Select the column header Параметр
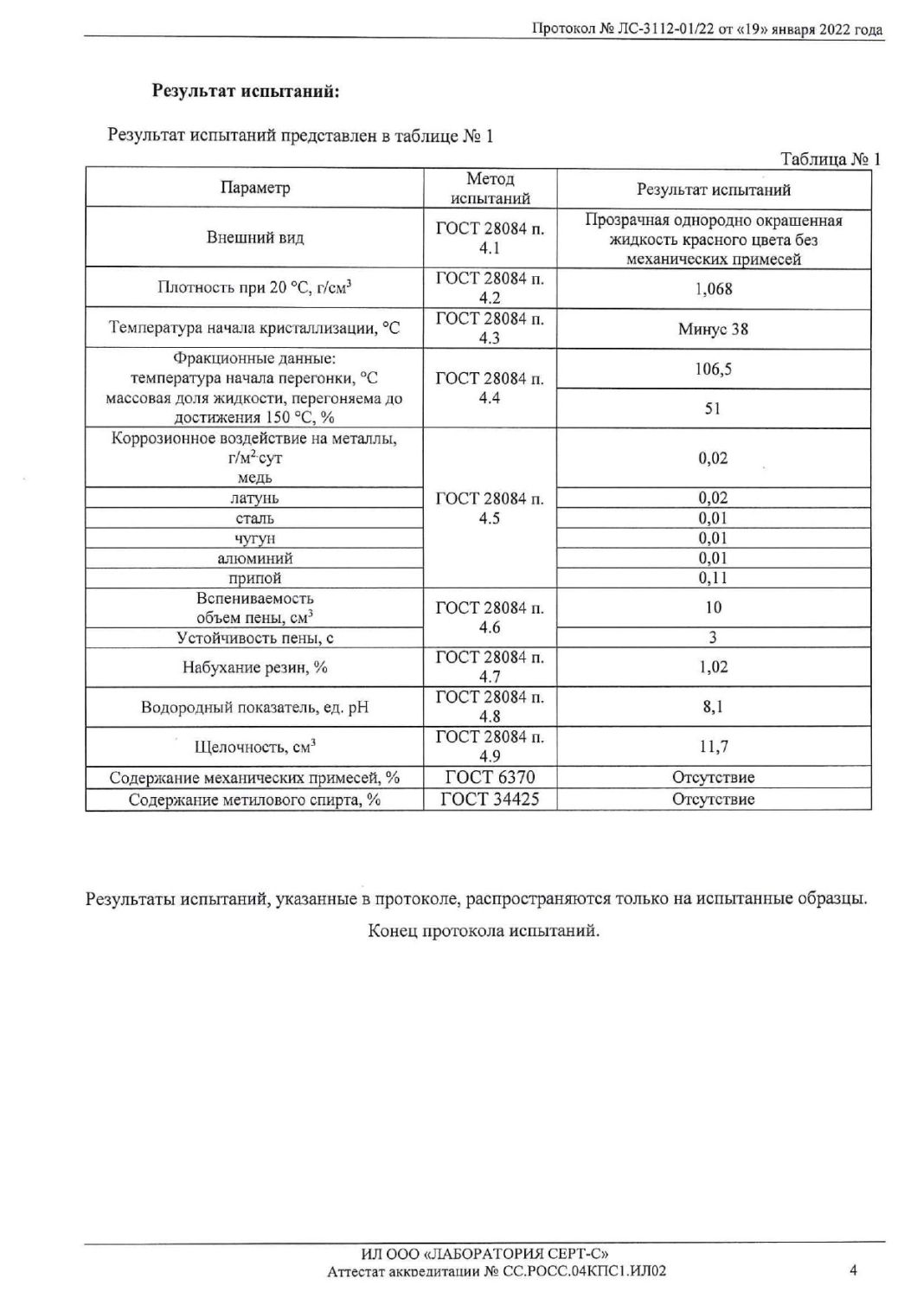click(x=255, y=189)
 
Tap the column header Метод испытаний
click(x=490, y=189)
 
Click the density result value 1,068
click(x=713, y=289)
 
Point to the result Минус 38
click(x=713, y=329)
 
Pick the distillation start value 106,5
click(x=713, y=369)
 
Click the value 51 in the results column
click(x=713, y=408)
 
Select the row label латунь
click(x=255, y=498)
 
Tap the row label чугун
click(x=255, y=538)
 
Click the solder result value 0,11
click(x=713, y=578)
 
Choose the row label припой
click(x=255, y=578)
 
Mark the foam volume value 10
click(x=713, y=607)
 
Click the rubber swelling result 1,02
click(x=713, y=667)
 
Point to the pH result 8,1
click(x=713, y=707)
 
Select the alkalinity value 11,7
click(x=713, y=747)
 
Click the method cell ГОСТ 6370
click(x=490, y=777)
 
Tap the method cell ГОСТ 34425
click(x=490, y=800)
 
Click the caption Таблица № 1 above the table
click(x=830, y=159)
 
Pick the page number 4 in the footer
click(x=853, y=1270)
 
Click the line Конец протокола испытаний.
click(x=484, y=931)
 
